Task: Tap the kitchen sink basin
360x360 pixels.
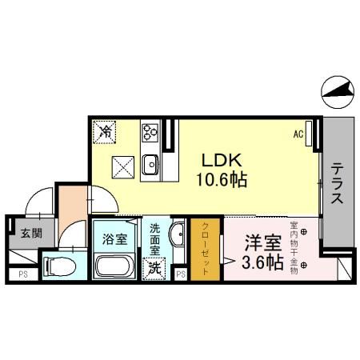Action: pos(150,166)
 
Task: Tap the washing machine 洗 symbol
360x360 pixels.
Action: pos(153,268)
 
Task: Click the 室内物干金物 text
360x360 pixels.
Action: pos(294,247)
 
